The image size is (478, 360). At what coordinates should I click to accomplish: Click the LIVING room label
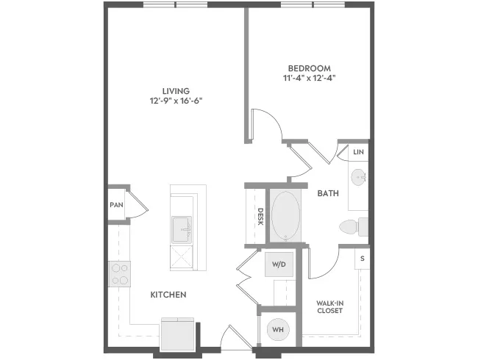tap(176, 91)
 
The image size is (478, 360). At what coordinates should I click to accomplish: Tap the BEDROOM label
tap(309, 68)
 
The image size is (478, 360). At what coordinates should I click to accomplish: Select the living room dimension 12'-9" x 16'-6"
tap(176, 101)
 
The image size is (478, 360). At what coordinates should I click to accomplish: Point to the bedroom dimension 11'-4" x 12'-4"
tap(309, 78)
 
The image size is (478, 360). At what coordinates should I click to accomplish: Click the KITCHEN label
tap(168, 295)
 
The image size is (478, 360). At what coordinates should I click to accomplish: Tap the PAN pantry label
tap(116, 205)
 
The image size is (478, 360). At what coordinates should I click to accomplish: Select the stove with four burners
tap(119, 274)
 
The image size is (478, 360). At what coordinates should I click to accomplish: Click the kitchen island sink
tap(182, 230)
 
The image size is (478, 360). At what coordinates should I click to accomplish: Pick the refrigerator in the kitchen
tap(178, 334)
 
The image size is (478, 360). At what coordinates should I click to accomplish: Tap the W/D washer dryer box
tap(279, 264)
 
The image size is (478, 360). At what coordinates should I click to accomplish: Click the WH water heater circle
tap(278, 329)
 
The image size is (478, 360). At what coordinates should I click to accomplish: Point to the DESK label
tap(260, 217)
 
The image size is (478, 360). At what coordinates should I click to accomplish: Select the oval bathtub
tap(285, 216)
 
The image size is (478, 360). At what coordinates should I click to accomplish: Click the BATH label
tap(328, 193)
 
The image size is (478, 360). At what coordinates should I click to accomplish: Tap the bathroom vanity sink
tap(358, 177)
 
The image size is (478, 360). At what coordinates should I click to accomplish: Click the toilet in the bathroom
tap(354, 227)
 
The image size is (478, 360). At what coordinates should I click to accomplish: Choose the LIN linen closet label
tap(359, 151)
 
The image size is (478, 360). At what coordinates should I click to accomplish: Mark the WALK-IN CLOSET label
tap(329, 306)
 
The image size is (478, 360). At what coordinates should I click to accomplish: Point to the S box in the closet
tap(362, 259)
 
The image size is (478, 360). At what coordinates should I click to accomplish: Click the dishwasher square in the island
tap(182, 258)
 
